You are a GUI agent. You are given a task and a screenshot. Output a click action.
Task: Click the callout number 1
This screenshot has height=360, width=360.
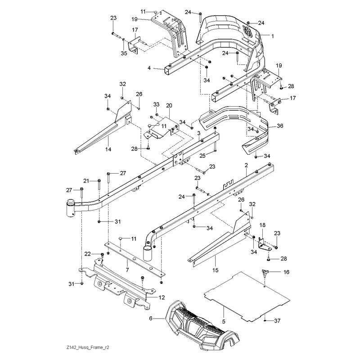tap(273, 36)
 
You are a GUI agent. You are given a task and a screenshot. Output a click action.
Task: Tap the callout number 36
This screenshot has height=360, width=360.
tap(280, 126)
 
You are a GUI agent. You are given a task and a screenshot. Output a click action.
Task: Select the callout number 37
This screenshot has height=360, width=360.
tap(277, 320)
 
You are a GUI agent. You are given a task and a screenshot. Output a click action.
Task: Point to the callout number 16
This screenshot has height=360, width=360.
tap(286, 272)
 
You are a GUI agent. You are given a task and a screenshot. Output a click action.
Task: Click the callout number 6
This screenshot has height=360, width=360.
tap(151, 319)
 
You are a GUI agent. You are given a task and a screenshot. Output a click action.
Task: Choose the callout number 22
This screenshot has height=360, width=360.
tap(88, 254)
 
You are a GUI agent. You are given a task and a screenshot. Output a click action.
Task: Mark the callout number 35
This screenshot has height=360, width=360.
tap(124, 54)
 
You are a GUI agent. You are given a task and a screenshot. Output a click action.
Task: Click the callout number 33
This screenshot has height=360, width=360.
tap(156, 104)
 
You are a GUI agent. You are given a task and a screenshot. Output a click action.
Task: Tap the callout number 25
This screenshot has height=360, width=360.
tap(202, 156)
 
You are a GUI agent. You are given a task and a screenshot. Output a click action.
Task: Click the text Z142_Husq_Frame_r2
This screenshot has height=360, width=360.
tap(88, 347)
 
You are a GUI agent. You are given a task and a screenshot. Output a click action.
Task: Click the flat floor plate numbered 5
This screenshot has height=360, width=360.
tap(247, 296)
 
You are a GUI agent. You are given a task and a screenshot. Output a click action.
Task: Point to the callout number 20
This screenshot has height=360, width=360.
tap(169, 106)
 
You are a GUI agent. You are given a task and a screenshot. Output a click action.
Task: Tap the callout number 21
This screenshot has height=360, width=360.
tap(86, 181)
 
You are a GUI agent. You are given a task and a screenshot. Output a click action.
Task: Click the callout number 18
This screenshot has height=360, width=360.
tap(262, 225)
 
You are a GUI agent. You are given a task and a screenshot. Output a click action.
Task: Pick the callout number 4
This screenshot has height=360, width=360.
tap(149, 68)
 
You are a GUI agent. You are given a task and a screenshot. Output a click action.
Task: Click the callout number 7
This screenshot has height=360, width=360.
tap(127, 270)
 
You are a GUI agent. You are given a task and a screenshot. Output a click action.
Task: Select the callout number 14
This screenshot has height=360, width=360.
tap(108, 149)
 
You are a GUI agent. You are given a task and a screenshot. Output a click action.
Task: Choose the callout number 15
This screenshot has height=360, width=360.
tap(216, 270)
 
